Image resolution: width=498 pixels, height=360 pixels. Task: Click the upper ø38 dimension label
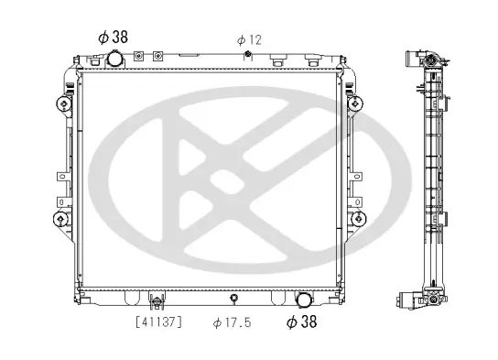coord(113,38)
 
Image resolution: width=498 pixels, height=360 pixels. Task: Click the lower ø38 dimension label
coord(302,322)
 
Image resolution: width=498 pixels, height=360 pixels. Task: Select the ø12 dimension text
coord(249,39)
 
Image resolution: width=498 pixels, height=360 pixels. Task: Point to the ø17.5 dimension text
coord(232,322)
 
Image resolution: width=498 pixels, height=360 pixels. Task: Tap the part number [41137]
coord(158,322)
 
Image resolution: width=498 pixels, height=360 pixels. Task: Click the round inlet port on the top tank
coord(115,60)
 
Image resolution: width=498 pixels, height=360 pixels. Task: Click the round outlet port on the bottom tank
coord(303,300)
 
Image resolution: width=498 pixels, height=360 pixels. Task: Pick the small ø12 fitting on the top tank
coord(248,58)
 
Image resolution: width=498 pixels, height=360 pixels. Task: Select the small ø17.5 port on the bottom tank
coord(234,299)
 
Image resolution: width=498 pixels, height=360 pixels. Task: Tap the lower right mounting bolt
coord(357,218)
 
